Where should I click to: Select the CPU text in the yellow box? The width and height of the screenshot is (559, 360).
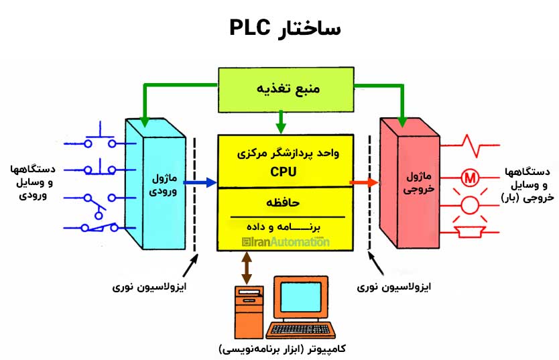tap(284, 172)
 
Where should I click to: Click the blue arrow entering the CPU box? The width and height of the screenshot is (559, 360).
tap(200, 182)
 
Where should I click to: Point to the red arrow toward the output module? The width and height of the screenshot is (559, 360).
tap(365, 182)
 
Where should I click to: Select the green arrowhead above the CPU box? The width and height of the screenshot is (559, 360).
tap(281, 127)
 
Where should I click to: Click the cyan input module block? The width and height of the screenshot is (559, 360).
tap(154, 184)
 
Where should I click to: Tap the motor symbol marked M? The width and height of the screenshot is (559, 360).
tap(470, 178)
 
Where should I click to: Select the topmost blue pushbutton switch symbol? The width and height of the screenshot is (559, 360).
tap(101, 137)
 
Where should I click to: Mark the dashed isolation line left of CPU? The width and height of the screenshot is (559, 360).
tap(194, 194)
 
